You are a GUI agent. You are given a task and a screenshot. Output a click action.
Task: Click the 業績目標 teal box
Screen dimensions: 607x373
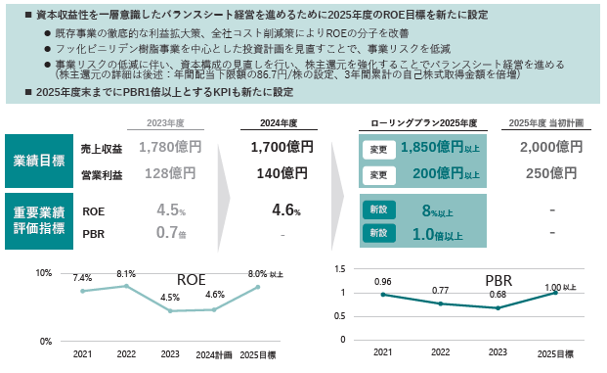pos(39,161)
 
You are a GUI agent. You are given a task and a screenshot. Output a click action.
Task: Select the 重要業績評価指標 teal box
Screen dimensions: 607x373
pos(39,221)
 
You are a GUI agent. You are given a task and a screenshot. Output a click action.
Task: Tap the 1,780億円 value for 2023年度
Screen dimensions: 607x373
pos(170,147)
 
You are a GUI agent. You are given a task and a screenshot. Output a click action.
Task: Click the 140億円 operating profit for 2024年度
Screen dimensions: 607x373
pos(282,173)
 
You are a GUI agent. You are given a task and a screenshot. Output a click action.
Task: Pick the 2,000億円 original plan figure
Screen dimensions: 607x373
pos(551,147)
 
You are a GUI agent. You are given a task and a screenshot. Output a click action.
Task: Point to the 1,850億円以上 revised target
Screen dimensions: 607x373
pos(440,147)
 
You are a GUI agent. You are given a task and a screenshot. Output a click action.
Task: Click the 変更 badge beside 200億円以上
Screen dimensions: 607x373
pos(379,175)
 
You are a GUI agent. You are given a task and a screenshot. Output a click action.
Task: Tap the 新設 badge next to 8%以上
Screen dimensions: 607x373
pos(379,210)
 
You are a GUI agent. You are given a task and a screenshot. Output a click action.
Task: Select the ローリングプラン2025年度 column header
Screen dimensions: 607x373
pos(423,123)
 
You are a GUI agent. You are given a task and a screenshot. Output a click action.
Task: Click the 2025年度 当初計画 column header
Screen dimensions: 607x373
pos(545,123)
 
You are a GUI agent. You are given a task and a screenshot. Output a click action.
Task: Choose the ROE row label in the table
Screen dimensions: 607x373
pos(93,211)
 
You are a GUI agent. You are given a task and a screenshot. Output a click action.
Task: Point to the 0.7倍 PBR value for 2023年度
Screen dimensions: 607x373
pos(171,233)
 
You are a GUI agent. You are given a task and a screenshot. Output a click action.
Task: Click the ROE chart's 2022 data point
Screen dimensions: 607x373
pos(126,286)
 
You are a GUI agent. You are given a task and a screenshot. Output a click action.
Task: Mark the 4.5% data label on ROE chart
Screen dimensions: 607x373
pos(170,298)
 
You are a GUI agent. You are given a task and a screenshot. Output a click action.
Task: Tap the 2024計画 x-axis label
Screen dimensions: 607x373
pos(214,354)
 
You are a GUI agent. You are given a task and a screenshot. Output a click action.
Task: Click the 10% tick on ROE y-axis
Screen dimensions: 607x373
pos(44,273)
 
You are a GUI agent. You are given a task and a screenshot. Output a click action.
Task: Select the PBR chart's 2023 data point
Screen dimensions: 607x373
pos(498,308)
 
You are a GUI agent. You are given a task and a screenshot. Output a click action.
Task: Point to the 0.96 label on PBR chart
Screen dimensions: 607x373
pos(383,282)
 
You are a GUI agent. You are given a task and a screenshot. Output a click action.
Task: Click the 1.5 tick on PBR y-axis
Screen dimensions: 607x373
pos(340,269)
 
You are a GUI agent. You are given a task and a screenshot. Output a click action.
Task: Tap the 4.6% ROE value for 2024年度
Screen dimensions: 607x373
pos(286,210)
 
